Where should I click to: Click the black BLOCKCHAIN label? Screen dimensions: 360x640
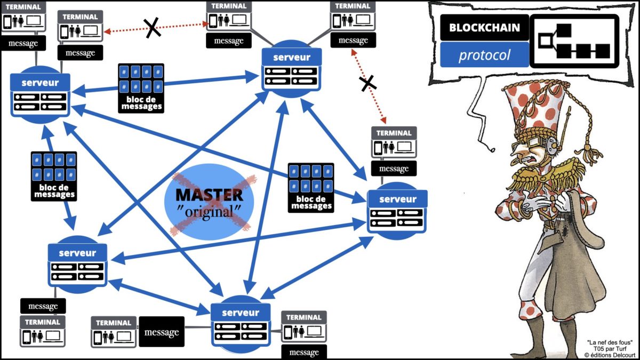pyautogui.click(x=484, y=28)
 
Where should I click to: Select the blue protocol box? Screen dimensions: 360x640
pyautogui.click(x=484, y=55)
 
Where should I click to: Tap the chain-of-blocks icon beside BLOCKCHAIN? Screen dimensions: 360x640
pyautogui.click(x=574, y=41)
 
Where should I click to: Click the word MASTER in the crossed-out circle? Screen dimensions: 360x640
pyautogui.click(x=209, y=195)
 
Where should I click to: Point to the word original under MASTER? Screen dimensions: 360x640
pyautogui.click(x=209, y=211)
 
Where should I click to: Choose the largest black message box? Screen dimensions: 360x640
pyautogui.click(x=162, y=332)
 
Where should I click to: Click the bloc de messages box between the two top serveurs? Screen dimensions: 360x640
pyautogui.click(x=141, y=88)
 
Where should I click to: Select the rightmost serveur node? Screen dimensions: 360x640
pyautogui.click(x=397, y=211)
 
